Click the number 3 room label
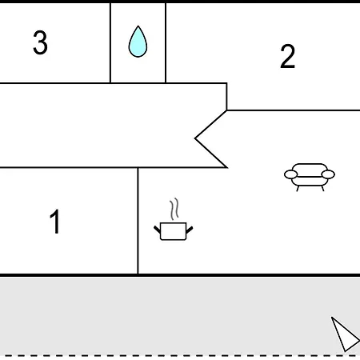(x=40, y=42)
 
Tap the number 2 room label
(x=288, y=56)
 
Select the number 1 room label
(x=55, y=222)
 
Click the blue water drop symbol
(x=138, y=42)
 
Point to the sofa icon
(x=310, y=177)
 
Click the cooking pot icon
(x=174, y=231)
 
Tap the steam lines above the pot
(x=174, y=209)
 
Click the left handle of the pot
(x=158, y=230)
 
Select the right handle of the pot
(x=190, y=230)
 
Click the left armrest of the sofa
(x=290, y=174)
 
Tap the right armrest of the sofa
(x=328, y=174)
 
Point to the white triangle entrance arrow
(x=345, y=335)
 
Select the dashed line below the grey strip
(x=180, y=355)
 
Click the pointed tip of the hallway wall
(x=195, y=138)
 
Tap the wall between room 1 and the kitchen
(x=138, y=221)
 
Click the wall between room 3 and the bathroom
(x=110, y=42)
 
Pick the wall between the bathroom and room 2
(x=166, y=42)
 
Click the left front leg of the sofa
(x=298, y=188)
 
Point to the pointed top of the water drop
(x=138, y=26)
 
